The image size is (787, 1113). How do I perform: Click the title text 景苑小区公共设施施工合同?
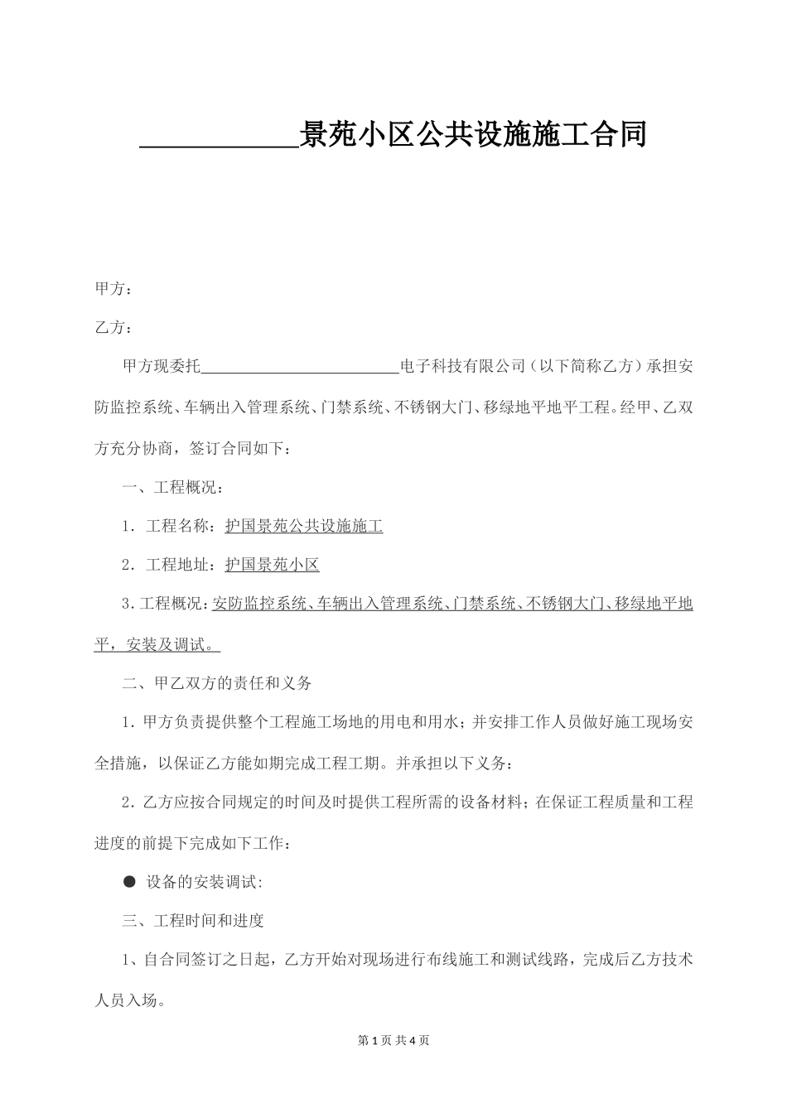pos(472,134)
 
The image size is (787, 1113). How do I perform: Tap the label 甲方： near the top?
pos(113,289)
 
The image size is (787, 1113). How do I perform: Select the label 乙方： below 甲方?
pos(113,328)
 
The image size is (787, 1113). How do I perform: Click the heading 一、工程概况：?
pos(172,487)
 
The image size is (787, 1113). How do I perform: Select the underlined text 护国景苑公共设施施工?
pos(304,526)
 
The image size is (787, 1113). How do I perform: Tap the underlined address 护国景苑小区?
pos(272,565)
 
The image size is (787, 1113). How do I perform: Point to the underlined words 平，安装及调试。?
pos(157,644)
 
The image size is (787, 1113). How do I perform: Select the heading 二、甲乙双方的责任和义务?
pos(217,683)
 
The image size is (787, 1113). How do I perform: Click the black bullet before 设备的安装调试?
pos(129,882)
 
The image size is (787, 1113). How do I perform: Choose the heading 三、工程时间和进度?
pos(193,921)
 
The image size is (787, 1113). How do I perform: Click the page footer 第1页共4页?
pos(393,1040)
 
